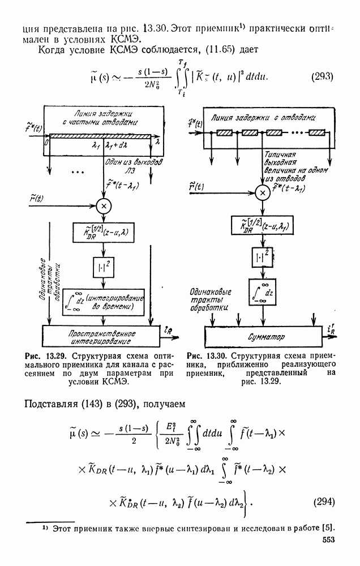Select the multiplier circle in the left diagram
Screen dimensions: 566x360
click(x=104, y=205)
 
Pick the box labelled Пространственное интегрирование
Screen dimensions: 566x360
click(x=100, y=336)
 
